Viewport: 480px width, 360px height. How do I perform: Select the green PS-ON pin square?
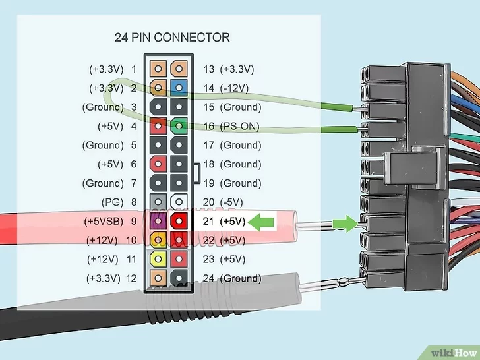pyautogui.click(x=178, y=125)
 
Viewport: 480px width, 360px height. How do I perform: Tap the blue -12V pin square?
pyautogui.click(x=178, y=88)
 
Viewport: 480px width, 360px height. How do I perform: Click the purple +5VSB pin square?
pyautogui.click(x=158, y=221)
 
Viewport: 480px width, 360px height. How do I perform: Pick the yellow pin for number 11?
pyautogui.click(x=158, y=259)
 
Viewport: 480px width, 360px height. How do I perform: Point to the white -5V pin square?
pyautogui.click(x=178, y=202)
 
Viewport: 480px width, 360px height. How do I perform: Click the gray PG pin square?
pyautogui.click(x=158, y=202)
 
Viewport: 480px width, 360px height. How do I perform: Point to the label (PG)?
pyautogui.click(x=112, y=202)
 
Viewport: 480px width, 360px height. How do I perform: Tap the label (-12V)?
pyautogui.click(x=238, y=88)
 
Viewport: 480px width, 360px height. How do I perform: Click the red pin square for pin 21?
pyautogui.click(x=178, y=221)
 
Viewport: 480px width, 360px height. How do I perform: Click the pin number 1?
pyautogui.click(x=134, y=69)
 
